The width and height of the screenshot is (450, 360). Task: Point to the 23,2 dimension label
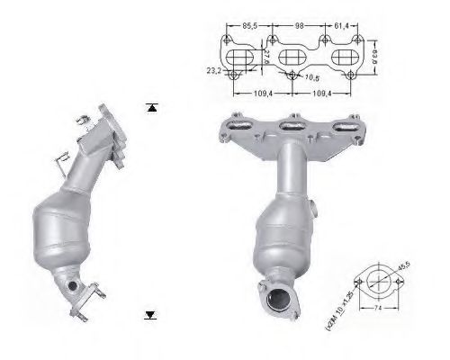pos(213,69)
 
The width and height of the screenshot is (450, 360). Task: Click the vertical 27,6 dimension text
pos(267,58)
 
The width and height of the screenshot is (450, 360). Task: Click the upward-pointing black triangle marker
pos(151,107)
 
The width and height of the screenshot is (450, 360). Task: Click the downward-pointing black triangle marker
pos(151,314)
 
